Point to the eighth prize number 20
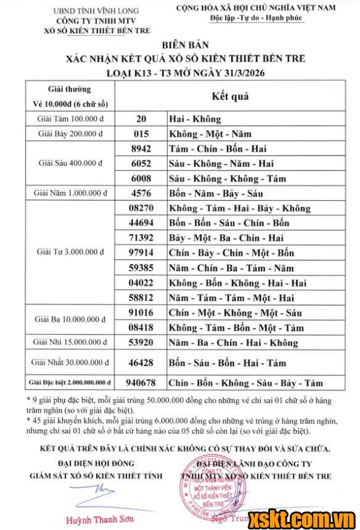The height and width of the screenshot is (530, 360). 141,118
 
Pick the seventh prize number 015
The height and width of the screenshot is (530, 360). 141,134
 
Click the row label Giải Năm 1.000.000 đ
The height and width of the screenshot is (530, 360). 72,193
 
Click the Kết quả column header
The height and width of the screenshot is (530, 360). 230,96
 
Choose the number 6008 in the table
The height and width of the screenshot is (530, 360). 141,178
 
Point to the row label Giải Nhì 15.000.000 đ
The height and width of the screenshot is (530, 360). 73,343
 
